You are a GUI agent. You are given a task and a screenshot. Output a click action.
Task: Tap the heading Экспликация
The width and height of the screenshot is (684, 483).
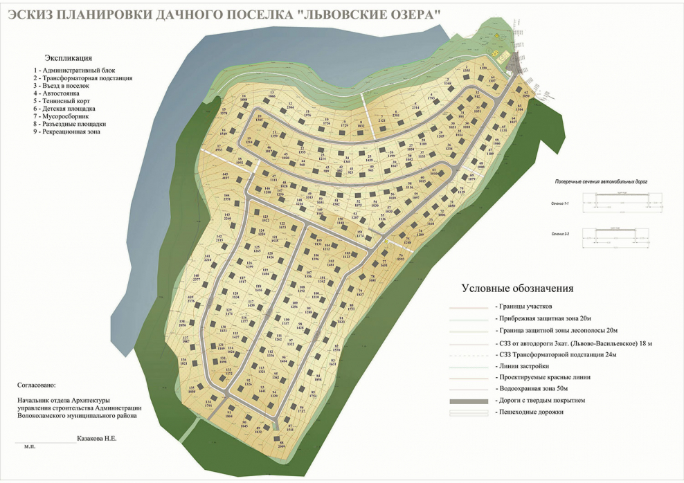tap(68, 58)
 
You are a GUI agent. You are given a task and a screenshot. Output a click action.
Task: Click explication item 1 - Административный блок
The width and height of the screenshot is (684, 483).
tap(73, 71)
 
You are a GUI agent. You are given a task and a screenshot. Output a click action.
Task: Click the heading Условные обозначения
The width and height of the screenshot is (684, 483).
tap(517, 288)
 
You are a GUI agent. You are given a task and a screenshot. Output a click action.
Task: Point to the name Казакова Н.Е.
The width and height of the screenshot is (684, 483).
tap(97, 439)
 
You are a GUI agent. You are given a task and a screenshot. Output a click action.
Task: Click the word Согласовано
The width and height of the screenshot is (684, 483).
tap(37, 384)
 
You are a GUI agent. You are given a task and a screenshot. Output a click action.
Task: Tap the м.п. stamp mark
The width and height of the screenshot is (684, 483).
tap(29, 447)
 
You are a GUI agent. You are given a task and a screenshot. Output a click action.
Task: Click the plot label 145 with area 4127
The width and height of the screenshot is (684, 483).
tap(225, 176)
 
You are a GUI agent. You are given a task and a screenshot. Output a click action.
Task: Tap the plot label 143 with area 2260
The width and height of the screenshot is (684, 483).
tap(227, 217)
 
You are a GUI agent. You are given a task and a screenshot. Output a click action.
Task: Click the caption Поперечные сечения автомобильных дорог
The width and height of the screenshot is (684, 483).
tap(601, 181)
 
